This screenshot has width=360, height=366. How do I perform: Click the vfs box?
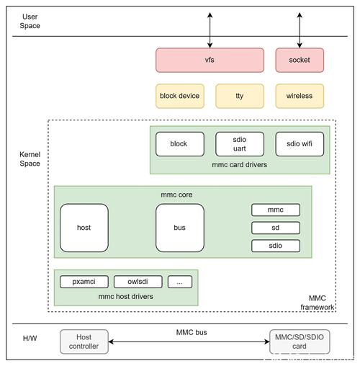click(210, 60)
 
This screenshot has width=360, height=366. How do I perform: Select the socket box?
click(300, 60)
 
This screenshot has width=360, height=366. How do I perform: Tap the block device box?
click(180, 96)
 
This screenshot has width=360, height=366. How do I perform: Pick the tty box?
click(240, 96)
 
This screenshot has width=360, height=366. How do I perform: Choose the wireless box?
click(300, 96)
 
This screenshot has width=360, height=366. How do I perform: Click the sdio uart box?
click(240, 144)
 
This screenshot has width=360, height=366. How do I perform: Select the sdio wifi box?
click(300, 144)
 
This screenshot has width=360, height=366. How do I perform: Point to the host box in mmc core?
click(84, 228)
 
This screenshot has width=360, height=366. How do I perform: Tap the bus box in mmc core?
click(180, 228)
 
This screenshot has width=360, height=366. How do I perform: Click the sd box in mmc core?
click(276, 228)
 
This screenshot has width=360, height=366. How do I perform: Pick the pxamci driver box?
click(84, 282)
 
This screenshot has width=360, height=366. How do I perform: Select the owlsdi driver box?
click(138, 282)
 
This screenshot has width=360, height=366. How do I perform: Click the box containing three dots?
click(180, 282)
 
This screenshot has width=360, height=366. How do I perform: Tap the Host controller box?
click(84, 342)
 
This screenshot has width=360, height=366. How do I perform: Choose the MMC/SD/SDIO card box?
click(300, 342)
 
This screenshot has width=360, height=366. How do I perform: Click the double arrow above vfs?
click(210, 30)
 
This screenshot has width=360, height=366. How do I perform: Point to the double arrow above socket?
click(300, 30)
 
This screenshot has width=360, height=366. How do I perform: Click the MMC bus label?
click(192, 332)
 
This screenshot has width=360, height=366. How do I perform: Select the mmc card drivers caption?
click(240, 165)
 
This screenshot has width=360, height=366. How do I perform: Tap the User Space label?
click(30, 21)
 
